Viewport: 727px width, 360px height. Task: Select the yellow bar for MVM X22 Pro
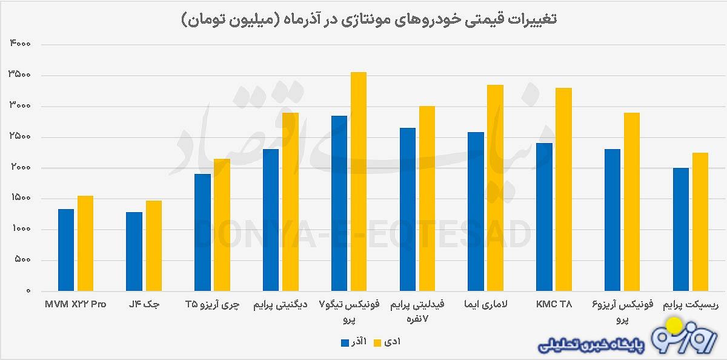point(85,243)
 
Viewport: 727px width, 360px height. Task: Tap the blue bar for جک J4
point(134,252)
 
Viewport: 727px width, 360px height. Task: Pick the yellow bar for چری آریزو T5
point(222,225)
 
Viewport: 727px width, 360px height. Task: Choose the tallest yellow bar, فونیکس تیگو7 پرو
point(359,182)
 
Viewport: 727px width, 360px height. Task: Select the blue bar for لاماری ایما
point(476,212)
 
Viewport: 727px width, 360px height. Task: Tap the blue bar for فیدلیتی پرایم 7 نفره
point(408,209)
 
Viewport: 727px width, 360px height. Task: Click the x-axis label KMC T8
point(554,304)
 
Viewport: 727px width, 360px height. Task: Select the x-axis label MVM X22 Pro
point(76,304)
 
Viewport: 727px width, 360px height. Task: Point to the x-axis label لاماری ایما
point(485,304)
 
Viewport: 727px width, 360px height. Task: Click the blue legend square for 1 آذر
point(345,342)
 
